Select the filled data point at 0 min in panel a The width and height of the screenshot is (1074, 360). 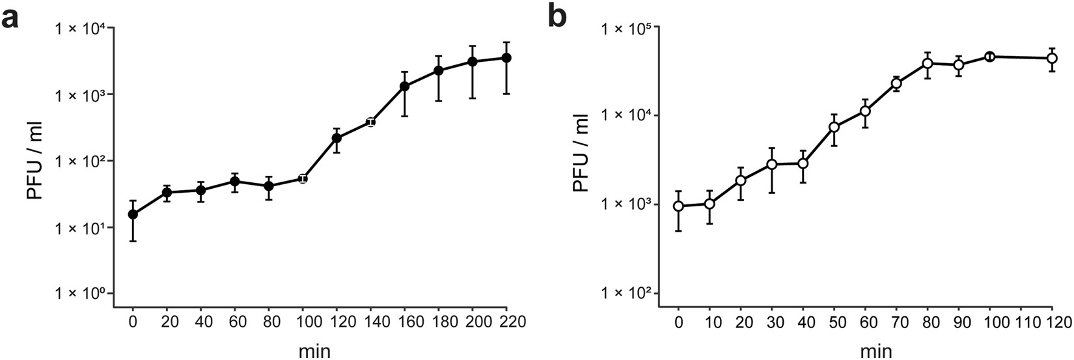[x=133, y=214]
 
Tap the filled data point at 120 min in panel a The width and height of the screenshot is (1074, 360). [x=337, y=138]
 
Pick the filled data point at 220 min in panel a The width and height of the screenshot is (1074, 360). [x=506, y=58]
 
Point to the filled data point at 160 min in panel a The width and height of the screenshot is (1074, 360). [x=404, y=86]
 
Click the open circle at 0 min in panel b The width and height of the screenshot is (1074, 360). [x=678, y=206]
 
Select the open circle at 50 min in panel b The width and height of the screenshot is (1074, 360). [x=834, y=127]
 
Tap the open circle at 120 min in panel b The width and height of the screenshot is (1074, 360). [x=1051, y=58]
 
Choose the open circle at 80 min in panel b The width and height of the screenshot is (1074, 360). [x=928, y=63]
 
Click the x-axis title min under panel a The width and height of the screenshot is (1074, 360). [x=312, y=352]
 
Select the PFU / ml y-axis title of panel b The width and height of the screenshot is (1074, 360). [x=581, y=159]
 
